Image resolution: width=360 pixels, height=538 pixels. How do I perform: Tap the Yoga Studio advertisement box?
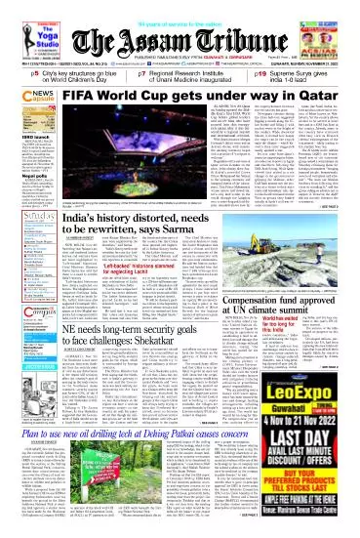[31, 37]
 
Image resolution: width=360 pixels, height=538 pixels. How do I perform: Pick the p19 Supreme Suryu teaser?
[294, 77]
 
